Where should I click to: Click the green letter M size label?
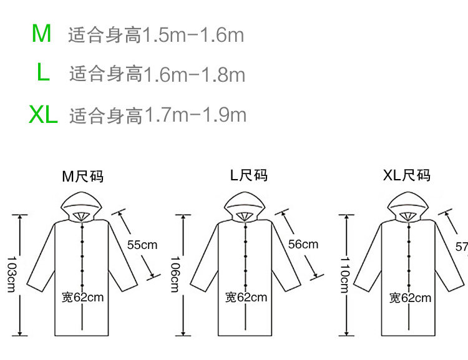[42, 34]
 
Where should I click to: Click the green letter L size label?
[42, 73]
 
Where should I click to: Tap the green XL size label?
[43, 114]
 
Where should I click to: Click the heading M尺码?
[82, 177]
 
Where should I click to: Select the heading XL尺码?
[407, 175]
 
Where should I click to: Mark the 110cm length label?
[344, 275]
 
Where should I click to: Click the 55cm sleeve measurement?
[142, 245]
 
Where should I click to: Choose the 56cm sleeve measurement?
[303, 244]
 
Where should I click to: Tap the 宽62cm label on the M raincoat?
[82, 297]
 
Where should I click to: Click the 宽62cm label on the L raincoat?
[246, 297]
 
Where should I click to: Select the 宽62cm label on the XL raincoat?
[410, 298]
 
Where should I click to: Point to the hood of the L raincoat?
[245, 204]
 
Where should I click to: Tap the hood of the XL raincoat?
[407, 204]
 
